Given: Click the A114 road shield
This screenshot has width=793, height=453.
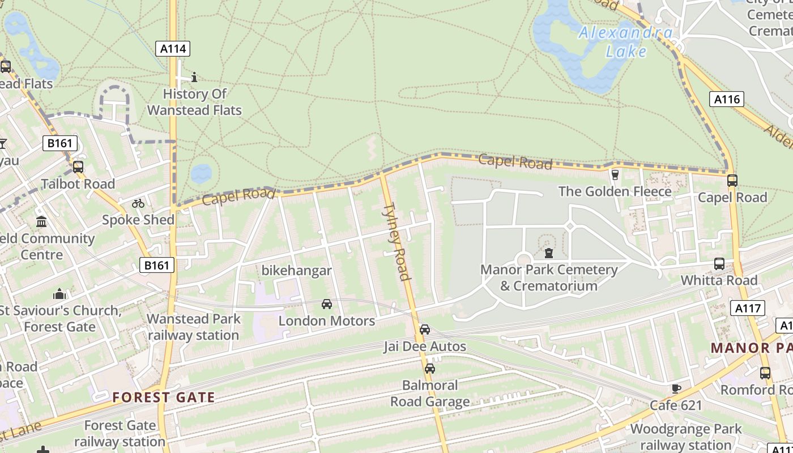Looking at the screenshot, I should coord(173,49).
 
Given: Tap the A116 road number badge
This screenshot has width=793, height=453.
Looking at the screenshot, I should coord(727,100).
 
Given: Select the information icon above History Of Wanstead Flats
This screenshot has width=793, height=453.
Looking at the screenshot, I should coord(194,77).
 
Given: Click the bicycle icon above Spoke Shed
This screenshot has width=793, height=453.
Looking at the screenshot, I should coord(138,203).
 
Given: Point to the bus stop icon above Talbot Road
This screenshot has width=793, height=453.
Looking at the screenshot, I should coord(78,167).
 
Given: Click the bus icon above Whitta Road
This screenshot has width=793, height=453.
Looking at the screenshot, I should coord(719,264).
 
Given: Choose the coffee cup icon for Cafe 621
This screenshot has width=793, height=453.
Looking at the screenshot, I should coord(676,388).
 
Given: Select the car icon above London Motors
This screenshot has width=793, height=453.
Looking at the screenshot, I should coord(327,304).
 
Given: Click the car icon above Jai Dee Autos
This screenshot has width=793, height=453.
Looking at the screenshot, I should coord(424,330).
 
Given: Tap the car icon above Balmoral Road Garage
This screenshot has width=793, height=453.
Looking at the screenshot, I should coord(430,369).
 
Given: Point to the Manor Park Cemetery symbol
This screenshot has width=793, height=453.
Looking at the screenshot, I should coord(548,253).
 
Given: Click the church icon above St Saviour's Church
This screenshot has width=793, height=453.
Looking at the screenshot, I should coord(59,294).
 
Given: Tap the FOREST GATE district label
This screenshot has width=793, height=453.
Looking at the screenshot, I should coord(163,398).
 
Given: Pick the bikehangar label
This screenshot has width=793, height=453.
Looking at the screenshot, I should coord(296,271).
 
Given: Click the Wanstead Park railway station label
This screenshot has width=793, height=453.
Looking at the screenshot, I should coord(193,327).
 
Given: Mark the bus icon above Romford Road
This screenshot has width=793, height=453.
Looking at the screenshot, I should coord(765,373).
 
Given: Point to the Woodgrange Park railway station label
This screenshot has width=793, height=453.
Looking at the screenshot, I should coord(686,437).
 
